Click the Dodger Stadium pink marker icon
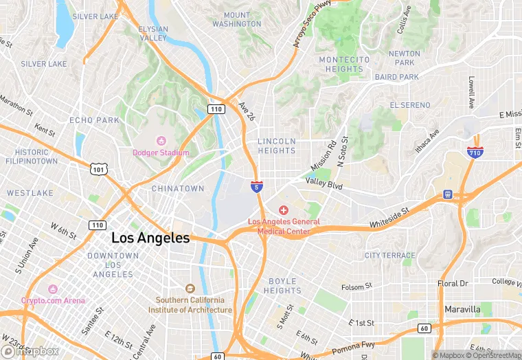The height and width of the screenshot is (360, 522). pyautogui.click(x=162, y=142)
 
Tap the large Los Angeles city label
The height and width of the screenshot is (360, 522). pyautogui.click(x=150, y=238)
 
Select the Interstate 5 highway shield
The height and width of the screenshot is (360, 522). pyautogui.click(x=256, y=187)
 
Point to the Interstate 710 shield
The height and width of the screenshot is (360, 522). pyautogui.click(x=475, y=153)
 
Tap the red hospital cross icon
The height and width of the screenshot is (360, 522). pyautogui.click(x=283, y=209)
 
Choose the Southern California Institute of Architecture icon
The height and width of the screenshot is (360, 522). pyautogui.click(x=190, y=289)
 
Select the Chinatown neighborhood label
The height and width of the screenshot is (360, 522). pyautogui.click(x=177, y=188)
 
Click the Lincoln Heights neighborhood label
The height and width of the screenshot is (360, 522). pyautogui.click(x=277, y=146)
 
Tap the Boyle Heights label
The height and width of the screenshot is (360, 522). pyautogui.click(x=282, y=286)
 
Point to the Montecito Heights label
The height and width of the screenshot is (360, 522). pyautogui.click(x=345, y=65)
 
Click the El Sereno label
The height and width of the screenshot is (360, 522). pyautogui.click(x=410, y=105)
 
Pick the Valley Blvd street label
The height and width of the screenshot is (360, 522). pyautogui.click(x=324, y=183)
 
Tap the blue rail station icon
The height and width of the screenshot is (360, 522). pyautogui.click(x=448, y=195)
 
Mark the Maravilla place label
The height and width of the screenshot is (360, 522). pyautogui.click(x=462, y=309)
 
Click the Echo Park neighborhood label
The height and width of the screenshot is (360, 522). pyautogui.click(x=94, y=120)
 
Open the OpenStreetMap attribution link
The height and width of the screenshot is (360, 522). pyautogui.click(x=494, y=355)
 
